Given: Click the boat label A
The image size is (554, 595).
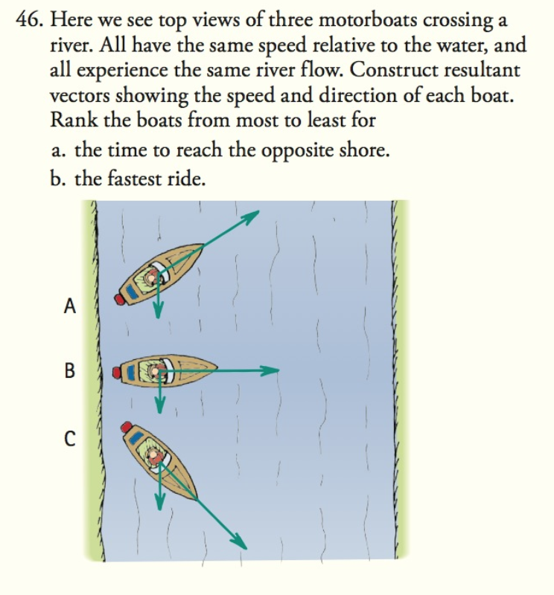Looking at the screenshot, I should click(70, 305).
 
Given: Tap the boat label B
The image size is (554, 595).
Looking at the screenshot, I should click(70, 370).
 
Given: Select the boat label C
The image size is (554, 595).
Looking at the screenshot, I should click(69, 437).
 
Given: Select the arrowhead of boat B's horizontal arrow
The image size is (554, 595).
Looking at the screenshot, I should click(273, 370).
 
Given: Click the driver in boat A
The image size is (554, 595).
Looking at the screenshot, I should click(154, 276).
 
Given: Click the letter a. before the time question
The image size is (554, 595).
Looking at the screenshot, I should click(58, 151).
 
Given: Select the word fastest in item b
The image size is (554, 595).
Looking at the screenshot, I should click(129, 180).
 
